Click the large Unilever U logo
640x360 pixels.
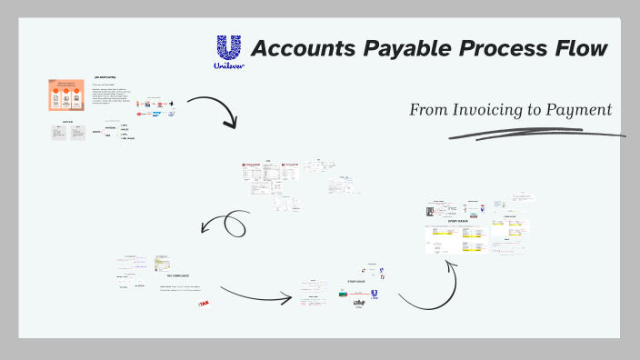[x=229, y=53]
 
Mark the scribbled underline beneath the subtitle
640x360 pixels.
[x=536, y=134]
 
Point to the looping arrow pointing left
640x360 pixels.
[x=228, y=224]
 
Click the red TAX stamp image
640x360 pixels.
[x=203, y=304]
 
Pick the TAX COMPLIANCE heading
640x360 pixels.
[x=176, y=275]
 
